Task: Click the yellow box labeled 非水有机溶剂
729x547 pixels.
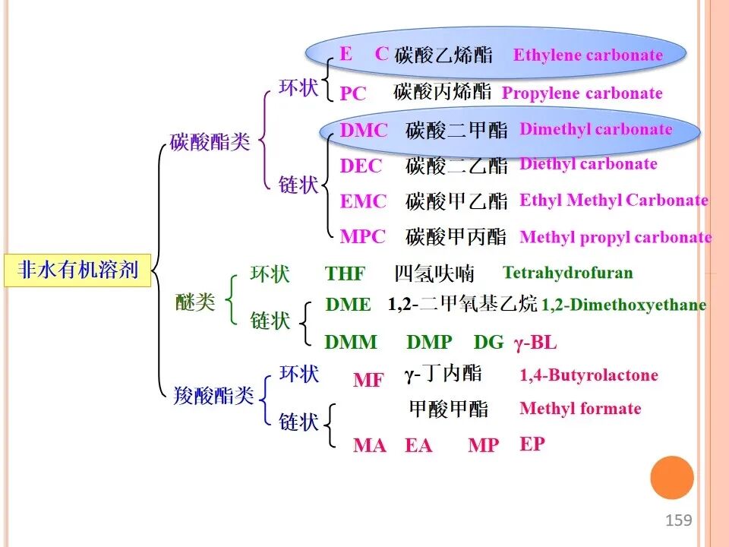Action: tap(77, 270)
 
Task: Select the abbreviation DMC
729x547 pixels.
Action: tap(364, 130)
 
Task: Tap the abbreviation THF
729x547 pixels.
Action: tap(345, 273)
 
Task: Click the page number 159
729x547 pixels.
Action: tap(678, 520)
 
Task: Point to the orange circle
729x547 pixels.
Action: tap(672, 478)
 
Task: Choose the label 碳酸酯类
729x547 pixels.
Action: tap(210, 142)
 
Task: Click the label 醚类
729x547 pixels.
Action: tap(195, 302)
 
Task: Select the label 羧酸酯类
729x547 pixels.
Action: tap(213, 396)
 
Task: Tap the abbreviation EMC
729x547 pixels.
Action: tap(363, 201)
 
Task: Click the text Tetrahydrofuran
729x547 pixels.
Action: tap(568, 273)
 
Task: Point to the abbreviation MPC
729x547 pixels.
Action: tap(363, 237)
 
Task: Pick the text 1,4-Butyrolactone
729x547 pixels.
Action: tap(589, 375)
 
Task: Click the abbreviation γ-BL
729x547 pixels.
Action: tap(535, 343)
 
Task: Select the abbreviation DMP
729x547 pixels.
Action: tap(429, 343)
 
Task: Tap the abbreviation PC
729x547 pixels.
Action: tap(353, 93)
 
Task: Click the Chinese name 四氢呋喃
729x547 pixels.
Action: tap(434, 273)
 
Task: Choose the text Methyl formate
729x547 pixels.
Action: tap(580, 409)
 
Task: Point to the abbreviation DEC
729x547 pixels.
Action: tap(361, 166)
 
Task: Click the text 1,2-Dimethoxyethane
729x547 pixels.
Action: tap(624, 305)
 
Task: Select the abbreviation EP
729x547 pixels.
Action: tap(532, 444)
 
